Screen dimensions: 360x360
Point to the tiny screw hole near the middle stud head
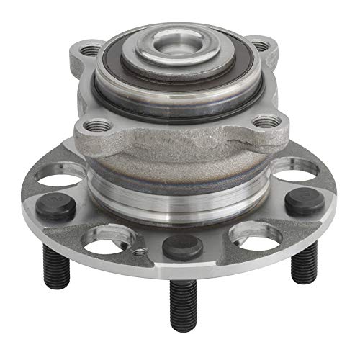click(138, 252)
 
